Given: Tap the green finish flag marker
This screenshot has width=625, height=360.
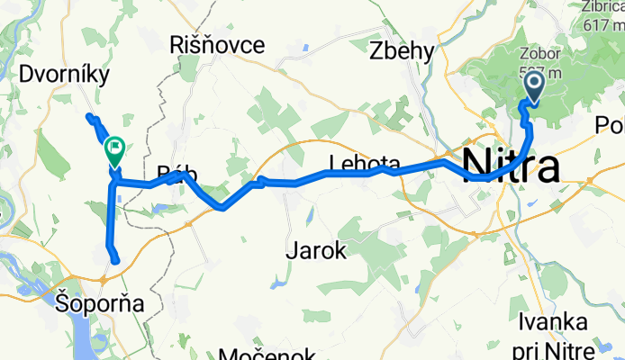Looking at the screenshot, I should pyautogui.click(x=115, y=149).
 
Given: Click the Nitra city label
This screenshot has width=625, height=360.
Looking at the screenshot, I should pyautogui.click(x=510, y=166).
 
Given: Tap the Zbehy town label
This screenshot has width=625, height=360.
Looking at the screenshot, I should pyautogui.click(x=403, y=52).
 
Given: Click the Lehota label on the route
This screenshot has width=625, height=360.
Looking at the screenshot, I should pyautogui.click(x=364, y=163).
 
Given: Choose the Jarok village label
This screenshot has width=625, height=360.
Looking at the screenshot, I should pyautogui.click(x=316, y=251).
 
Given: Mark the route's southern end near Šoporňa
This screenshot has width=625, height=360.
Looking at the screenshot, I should pyautogui.click(x=115, y=261).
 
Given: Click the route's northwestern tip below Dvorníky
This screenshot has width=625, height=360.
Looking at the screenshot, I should pyautogui.click(x=88, y=117).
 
